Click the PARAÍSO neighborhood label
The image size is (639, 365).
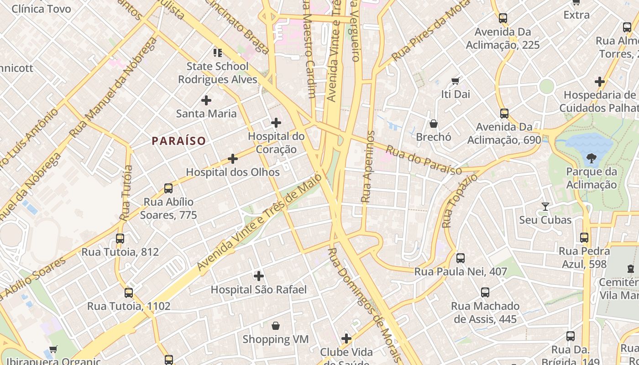tap(179, 141)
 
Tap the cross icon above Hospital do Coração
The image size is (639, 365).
tap(276, 123)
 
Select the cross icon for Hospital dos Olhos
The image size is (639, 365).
tap(233, 159)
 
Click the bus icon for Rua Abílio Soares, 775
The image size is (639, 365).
tap(168, 188)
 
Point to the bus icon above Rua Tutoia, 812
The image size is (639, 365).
tap(120, 238)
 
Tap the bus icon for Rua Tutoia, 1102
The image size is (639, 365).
tap(129, 292)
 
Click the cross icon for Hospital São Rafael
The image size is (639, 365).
tap(259, 276)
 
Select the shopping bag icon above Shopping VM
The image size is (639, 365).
tap(275, 326)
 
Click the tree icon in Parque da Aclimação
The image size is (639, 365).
tap(592, 158)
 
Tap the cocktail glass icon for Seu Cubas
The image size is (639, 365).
tap(545, 206)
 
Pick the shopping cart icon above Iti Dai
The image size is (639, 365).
tap(455, 81)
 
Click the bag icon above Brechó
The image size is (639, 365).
tap(434, 124)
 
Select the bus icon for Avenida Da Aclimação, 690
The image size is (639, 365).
tap(504, 113)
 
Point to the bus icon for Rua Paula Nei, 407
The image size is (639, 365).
tap(461, 258)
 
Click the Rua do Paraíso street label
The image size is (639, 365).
tap(424, 160)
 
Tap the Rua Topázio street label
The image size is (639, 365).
tap(460, 201)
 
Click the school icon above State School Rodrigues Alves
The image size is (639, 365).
tap(217, 53)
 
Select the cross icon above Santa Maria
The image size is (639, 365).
tap(206, 100)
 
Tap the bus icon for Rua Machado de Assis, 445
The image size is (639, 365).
tap(485, 292)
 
